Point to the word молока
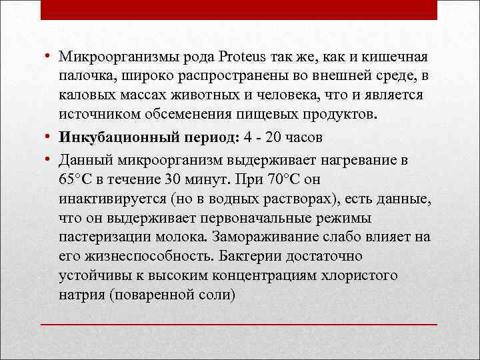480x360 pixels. click(182, 237)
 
